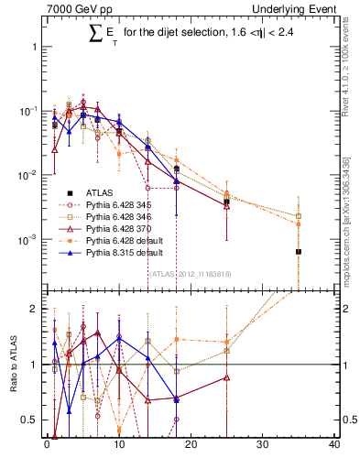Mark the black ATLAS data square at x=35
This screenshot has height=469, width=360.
click(298, 251)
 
